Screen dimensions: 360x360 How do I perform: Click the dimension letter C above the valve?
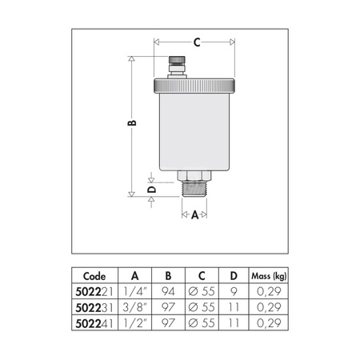(x=197, y=42)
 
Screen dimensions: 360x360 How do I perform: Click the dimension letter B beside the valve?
(x=132, y=123)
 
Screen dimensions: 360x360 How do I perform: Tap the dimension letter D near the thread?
(x=151, y=190)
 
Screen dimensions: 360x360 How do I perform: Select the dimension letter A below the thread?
(x=195, y=214)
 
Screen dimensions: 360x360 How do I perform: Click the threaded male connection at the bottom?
(x=194, y=189)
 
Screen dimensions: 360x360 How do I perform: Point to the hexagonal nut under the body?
(x=194, y=175)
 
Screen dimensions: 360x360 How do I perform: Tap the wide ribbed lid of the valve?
(x=194, y=86)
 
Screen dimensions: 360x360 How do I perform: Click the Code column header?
(x=94, y=276)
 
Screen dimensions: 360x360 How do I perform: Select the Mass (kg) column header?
(x=269, y=276)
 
